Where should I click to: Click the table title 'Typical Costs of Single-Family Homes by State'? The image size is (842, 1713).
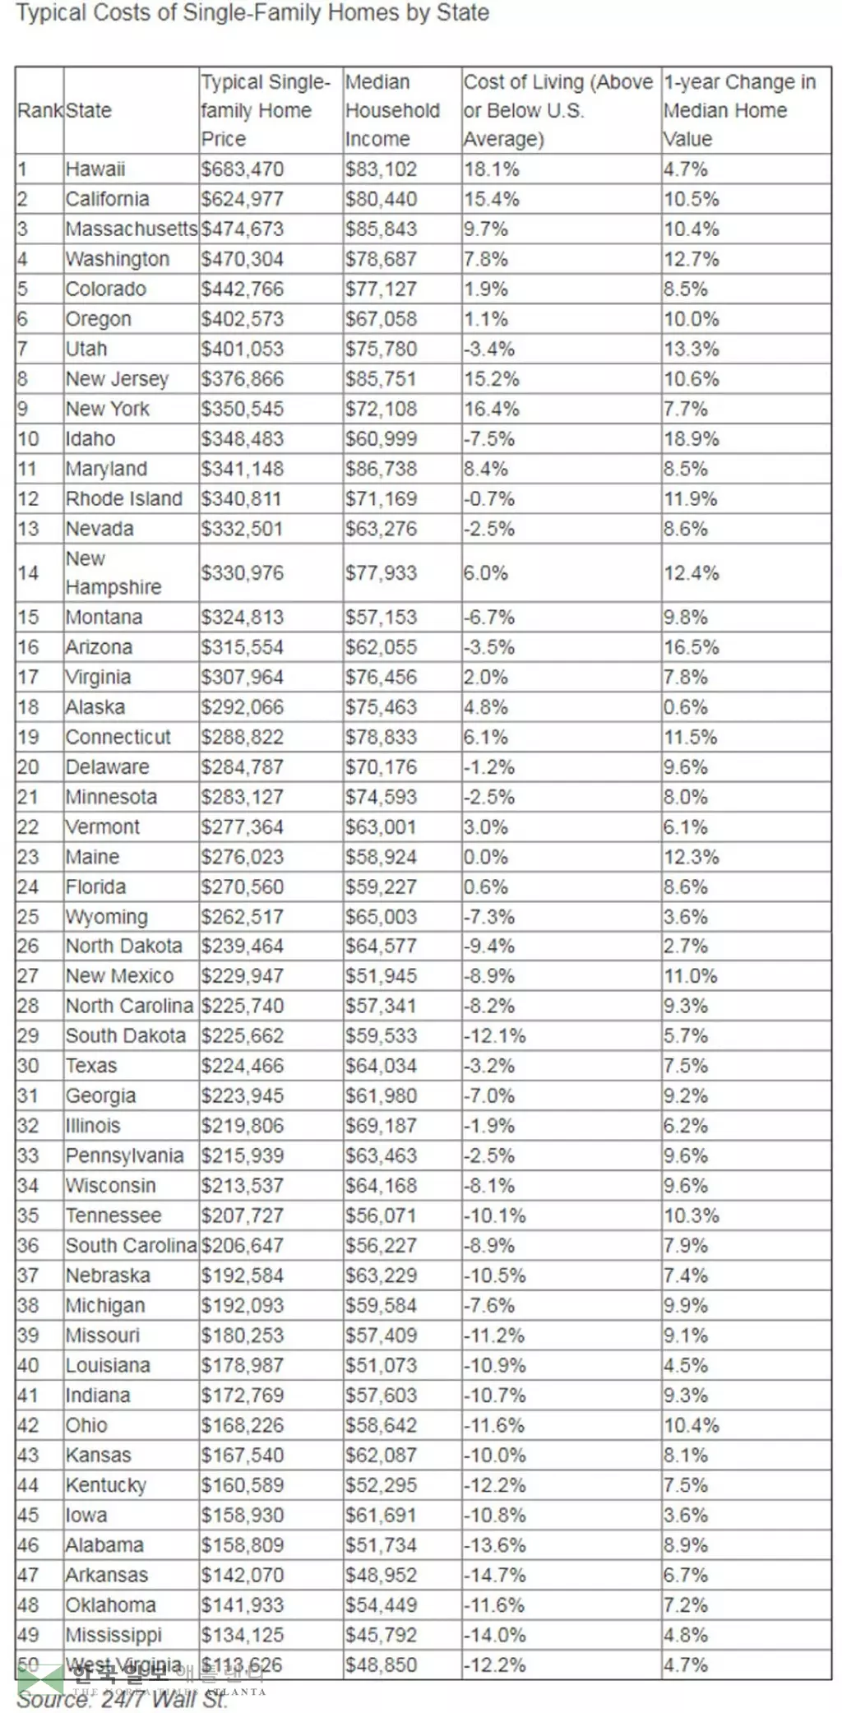coord(252,13)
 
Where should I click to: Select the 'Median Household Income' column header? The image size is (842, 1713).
coord(392,110)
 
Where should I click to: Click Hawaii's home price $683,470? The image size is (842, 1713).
coord(243,169)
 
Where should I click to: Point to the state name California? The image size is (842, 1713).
coord(107,199)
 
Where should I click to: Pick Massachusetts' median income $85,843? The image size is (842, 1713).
coord(381,229)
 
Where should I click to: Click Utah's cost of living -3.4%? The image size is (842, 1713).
coord(488,349)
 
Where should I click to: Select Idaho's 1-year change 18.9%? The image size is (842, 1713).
coord(691,438)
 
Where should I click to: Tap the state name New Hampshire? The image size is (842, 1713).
coord(113,572)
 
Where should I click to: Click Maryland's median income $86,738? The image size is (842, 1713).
coord(381,469)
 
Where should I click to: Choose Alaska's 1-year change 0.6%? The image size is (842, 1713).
coord(685,707)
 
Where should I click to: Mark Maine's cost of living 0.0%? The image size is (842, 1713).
coord(485,857)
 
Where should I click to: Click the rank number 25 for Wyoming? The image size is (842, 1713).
coord(28,916)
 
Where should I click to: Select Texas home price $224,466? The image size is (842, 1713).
coord(243,1066)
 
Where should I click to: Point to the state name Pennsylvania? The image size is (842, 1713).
coord(124,1155)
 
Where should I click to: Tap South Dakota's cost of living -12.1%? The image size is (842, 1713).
coord(494,1035)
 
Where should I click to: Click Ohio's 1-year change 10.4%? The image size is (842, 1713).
coord(691,1425)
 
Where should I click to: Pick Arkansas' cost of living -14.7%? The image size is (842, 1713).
coord(494,1575)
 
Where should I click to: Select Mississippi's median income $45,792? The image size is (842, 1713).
coord(381,1634)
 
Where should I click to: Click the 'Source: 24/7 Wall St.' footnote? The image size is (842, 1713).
coord(121,1699)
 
